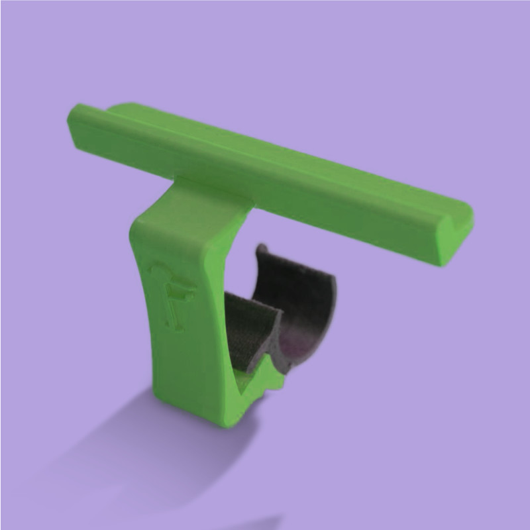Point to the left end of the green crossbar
(x=74, y=123)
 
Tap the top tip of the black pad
(x=260, y=250)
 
